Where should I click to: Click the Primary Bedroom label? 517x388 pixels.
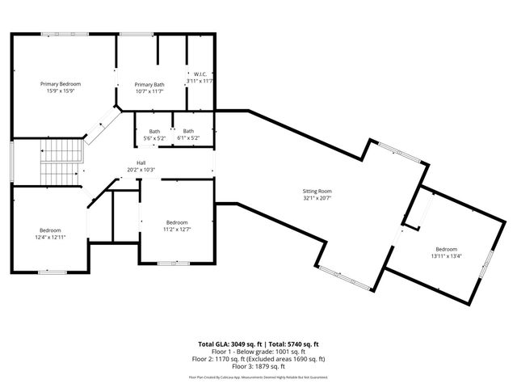tap(61, 83)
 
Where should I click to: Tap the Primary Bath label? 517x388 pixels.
tap(149, 85)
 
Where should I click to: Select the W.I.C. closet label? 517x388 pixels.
tap(200, 74)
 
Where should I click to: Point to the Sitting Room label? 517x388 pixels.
tap(317, 191)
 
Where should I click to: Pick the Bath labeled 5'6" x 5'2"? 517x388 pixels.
tap(153, 132)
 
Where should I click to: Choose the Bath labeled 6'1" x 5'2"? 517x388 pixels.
tap(188, 132)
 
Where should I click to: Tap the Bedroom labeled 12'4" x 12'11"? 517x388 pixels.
tap(50, 230)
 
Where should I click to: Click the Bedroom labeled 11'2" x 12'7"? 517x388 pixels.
tap(177, 222)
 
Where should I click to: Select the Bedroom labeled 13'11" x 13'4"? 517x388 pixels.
tap(447, 248)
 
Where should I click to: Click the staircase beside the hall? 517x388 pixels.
tap(61, 162)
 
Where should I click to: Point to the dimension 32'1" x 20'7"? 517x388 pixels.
tap(317, 197)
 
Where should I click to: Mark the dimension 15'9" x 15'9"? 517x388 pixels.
tap(61, 91)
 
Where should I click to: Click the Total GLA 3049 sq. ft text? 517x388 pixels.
tap(229, 344)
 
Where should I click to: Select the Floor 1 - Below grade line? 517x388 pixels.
tap(258, 352)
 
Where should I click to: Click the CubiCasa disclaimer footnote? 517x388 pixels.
tap(258, 377)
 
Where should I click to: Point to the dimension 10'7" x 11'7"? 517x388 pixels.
tap(149, 91)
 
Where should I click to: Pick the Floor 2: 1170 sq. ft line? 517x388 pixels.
tap(258, 358)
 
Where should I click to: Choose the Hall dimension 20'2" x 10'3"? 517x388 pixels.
tap(141, 170)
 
